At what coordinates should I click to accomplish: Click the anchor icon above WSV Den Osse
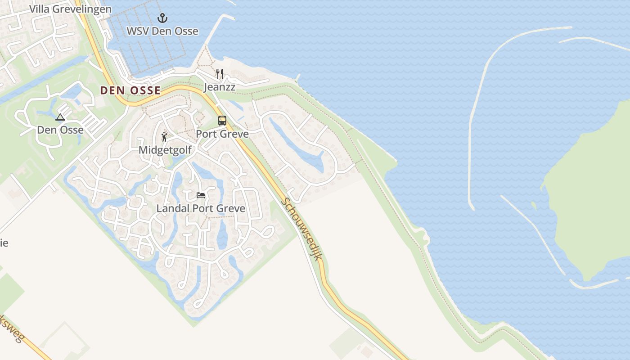coord(162,18)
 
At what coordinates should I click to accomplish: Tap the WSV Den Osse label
coord(162,31)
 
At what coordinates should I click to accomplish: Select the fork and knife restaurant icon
coord(220,74)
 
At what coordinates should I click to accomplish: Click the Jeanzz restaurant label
coord(220,87)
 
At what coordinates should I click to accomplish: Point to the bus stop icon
coord(222,121)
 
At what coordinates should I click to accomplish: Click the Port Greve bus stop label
coord(222,134)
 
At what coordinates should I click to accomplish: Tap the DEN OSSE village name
coord(130,90)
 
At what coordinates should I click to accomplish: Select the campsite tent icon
coord(60,117)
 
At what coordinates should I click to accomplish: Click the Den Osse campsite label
coord(60,130)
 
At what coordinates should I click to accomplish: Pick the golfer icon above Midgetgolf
coord(165,137)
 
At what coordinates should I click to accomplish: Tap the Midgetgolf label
coord(165,150)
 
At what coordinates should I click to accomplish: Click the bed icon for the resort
coord(201,195)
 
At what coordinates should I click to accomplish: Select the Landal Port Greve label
coord(201,208)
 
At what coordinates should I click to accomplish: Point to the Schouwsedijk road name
coord(302,229)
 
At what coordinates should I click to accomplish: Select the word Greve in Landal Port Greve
coord(230,208)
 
